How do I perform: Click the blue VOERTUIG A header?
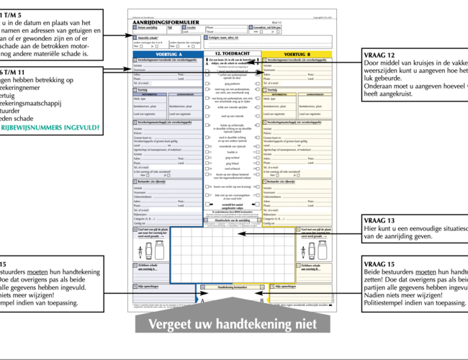coord(168,55)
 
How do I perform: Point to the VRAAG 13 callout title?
coord(380,220)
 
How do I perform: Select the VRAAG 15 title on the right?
coord(380,264)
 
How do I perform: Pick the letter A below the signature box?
coord(202,302)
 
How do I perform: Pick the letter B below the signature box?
coord(263,302)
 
